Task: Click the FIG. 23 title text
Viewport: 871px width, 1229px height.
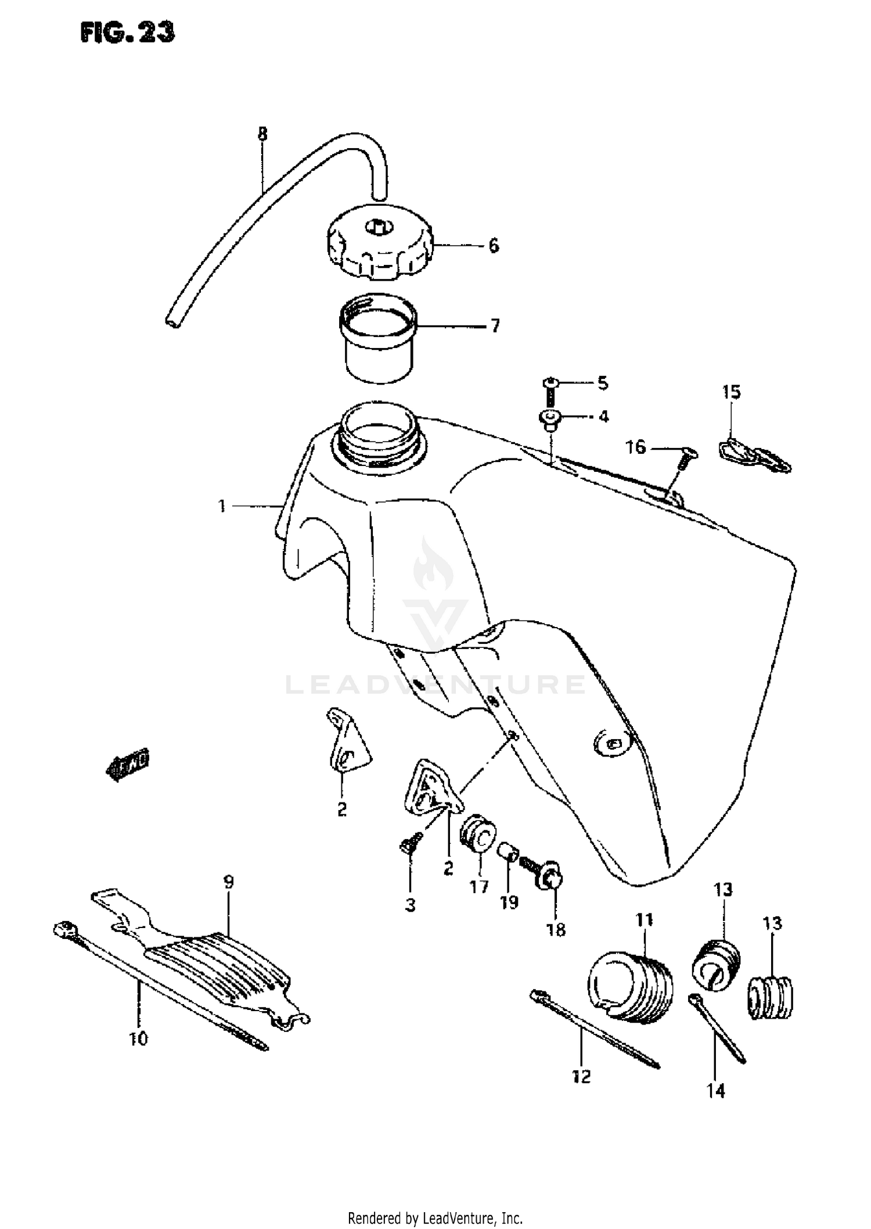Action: pyautogui.click(x=127, y=33)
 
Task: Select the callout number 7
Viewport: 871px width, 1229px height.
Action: pyautogui.click(x=495, y=326)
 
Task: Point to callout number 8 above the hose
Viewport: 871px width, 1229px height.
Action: pyautogui.click(x=262, y=134)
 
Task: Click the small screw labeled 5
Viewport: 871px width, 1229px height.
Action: pyautogui.click(x=550, y=390)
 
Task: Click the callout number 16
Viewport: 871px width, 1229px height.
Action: pyautogui.click(x=636, y=447)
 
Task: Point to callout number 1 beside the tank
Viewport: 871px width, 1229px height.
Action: pyautogui.click(x=222, y=506)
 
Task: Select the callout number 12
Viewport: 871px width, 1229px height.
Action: pyautogui.click(x=581, y=1077)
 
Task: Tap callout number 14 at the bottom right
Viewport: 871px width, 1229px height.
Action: pyautogui.click(x=716, y=1091)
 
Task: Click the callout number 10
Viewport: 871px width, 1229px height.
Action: pyautogui.click(x=139, y=1038)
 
